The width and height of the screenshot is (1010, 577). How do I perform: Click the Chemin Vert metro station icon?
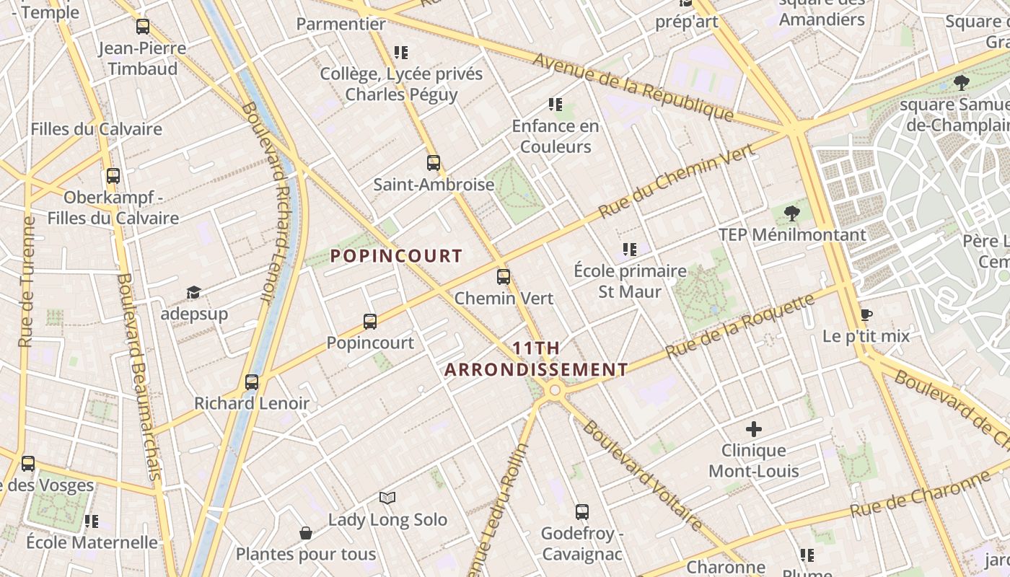pos(504,276)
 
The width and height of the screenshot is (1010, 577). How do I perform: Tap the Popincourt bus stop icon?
pos(370,322)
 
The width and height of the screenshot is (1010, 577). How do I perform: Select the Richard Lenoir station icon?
pos(252,382)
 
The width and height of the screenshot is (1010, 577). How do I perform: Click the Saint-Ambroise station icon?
pos(434,163)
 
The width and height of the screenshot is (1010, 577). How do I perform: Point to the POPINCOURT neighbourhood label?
pos(396,256)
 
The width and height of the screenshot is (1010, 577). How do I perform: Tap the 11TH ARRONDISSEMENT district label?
pos(536,359)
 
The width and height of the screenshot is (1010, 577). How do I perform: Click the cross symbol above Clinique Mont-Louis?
pos(754,430)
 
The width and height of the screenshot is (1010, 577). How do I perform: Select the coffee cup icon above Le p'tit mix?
pos(866,315)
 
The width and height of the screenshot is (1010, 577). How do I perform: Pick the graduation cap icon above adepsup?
pos(193,292)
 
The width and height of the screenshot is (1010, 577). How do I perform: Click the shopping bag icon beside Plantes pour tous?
pos(306,533)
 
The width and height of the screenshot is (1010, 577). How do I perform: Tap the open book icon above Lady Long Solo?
pos(387,498)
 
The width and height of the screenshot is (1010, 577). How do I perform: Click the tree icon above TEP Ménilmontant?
pos(792,213)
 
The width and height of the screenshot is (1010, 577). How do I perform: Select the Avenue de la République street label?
pos(633,87)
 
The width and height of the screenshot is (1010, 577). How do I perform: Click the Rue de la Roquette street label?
pos(740,325)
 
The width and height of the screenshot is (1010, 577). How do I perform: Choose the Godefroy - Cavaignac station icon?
pos(582,512)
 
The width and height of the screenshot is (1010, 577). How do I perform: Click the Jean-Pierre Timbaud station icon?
pos(143,27)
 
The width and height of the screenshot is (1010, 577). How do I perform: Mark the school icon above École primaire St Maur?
pos(630,250)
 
